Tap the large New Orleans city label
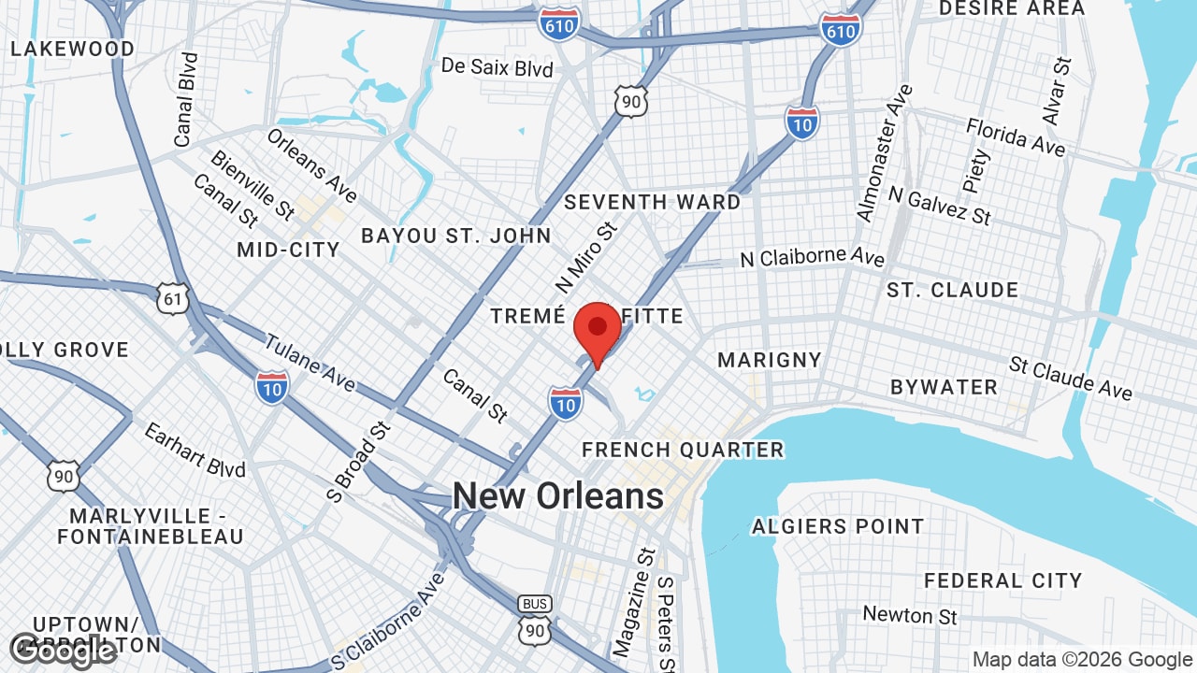[558, 495]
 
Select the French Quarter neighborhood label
[683, 450]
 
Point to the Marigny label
[769, 360]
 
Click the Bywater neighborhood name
[944, 387]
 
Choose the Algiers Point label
[838, 527]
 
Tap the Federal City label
[1002, 581]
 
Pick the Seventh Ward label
[652, 202]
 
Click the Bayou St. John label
[456, 236]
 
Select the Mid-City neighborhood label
[288, 250]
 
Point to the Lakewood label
[72, 49]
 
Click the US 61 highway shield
[174, 298]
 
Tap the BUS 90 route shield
[535, 620]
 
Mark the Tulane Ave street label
[310, 363]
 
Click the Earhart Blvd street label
[195, 450]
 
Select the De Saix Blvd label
[497, 67]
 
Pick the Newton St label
[910, 615]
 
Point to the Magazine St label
[630, 601]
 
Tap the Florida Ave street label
[1015, 136]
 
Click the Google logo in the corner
[63, 652]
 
